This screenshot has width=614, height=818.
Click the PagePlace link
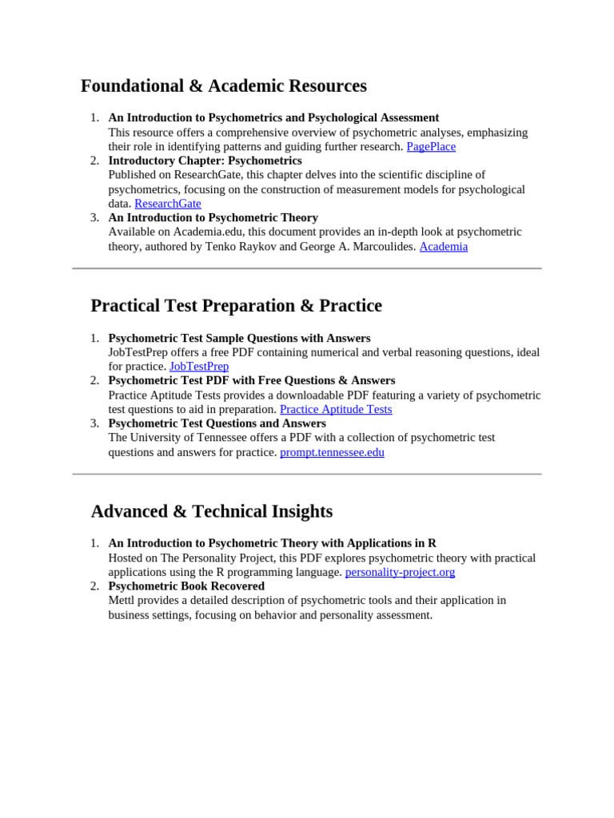[431, 147]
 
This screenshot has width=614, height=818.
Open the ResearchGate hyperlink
[167, 204]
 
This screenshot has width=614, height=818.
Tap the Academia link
[443, 247]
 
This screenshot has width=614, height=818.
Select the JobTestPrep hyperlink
[199, 367]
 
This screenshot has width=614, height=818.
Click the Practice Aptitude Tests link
[336, 410]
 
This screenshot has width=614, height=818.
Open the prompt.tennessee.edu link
[332, 452]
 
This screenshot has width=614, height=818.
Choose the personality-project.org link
[400, 572]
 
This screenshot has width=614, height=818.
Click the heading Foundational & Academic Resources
[224, 86]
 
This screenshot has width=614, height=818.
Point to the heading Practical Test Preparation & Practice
[236, 306]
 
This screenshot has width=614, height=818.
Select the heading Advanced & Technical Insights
[211, 511]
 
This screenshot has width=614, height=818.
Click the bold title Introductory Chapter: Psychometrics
[205, 161]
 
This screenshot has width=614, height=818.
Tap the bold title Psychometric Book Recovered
[186, 586]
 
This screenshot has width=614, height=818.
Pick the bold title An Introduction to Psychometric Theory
[213, 217]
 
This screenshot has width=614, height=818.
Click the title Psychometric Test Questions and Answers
[217, 423]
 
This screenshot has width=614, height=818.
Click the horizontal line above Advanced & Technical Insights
[307, 474]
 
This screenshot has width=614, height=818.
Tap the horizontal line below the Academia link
[307, 268]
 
